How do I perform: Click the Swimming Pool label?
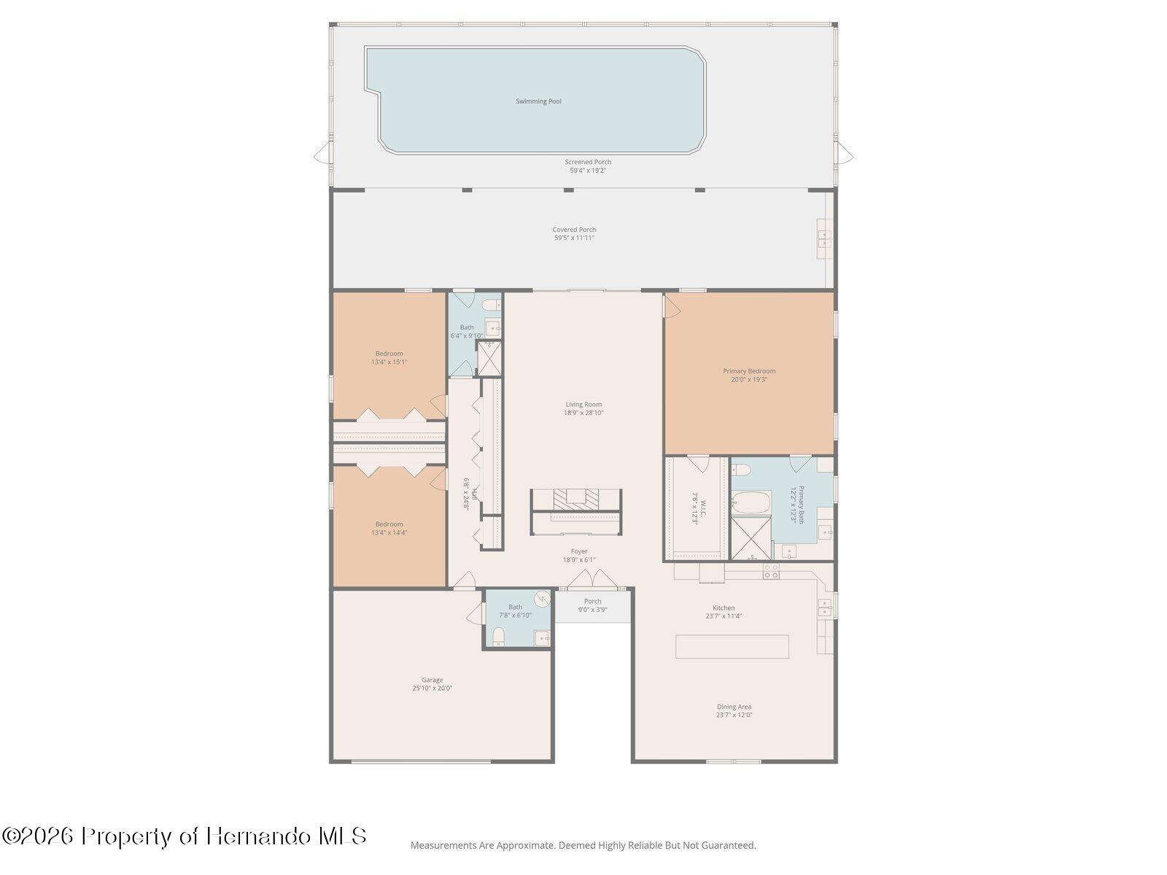click(x=538, y=101)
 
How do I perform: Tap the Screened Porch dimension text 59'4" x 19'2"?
click(x=588, y=171)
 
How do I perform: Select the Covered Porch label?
click(x=574, y=230)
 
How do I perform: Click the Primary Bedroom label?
click(x=749, y=371)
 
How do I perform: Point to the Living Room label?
click(x=583, y=405)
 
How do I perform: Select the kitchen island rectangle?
click(x=732, y=647)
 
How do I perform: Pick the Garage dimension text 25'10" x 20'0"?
click(x=432, y=688)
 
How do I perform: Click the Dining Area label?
click(x=734, y=707)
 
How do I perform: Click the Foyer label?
click(x=579, y=552)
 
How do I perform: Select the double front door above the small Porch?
click(x=592, y=580)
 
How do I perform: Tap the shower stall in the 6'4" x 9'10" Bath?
click(x=489, y=358)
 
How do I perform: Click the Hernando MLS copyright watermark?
click(x=184, y=836)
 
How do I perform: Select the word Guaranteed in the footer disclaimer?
click(x=727, y=846)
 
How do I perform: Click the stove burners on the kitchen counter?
click(x=771, y=571)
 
